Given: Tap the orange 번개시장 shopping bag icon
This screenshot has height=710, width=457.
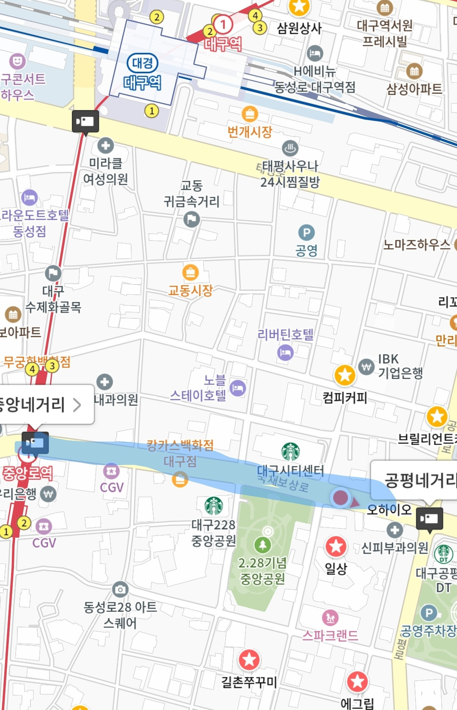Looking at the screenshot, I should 250,114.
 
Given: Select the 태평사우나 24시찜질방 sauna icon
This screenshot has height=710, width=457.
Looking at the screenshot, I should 290,148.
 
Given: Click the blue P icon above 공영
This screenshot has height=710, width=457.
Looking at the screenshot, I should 306,232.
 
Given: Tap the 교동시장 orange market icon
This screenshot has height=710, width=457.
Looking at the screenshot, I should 190,272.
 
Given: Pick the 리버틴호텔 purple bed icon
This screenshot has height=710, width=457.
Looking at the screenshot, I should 285,352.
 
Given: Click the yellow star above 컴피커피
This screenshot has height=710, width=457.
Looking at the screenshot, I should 345,375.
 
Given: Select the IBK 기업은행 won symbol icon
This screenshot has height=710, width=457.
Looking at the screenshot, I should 366,367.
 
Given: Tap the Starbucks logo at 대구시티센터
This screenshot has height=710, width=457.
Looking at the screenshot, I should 291,452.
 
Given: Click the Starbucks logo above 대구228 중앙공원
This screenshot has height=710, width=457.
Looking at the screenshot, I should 214,506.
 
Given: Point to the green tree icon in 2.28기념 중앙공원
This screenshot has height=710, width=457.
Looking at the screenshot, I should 262,544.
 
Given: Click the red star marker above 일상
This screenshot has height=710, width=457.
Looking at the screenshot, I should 336,547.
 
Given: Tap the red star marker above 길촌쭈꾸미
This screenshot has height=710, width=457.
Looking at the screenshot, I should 249,659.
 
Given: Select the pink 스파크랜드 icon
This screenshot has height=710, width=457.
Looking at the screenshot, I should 330,618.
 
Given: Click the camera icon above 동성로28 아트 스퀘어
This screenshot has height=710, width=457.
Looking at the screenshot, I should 120,589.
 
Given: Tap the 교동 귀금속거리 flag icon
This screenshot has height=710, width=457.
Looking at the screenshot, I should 192,219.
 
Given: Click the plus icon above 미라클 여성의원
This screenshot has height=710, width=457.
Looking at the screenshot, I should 105,146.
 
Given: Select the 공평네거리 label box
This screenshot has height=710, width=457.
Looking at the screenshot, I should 417,480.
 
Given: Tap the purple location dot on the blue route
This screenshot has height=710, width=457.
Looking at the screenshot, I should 341,497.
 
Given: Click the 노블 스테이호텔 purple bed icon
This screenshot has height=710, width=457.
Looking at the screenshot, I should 238,388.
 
